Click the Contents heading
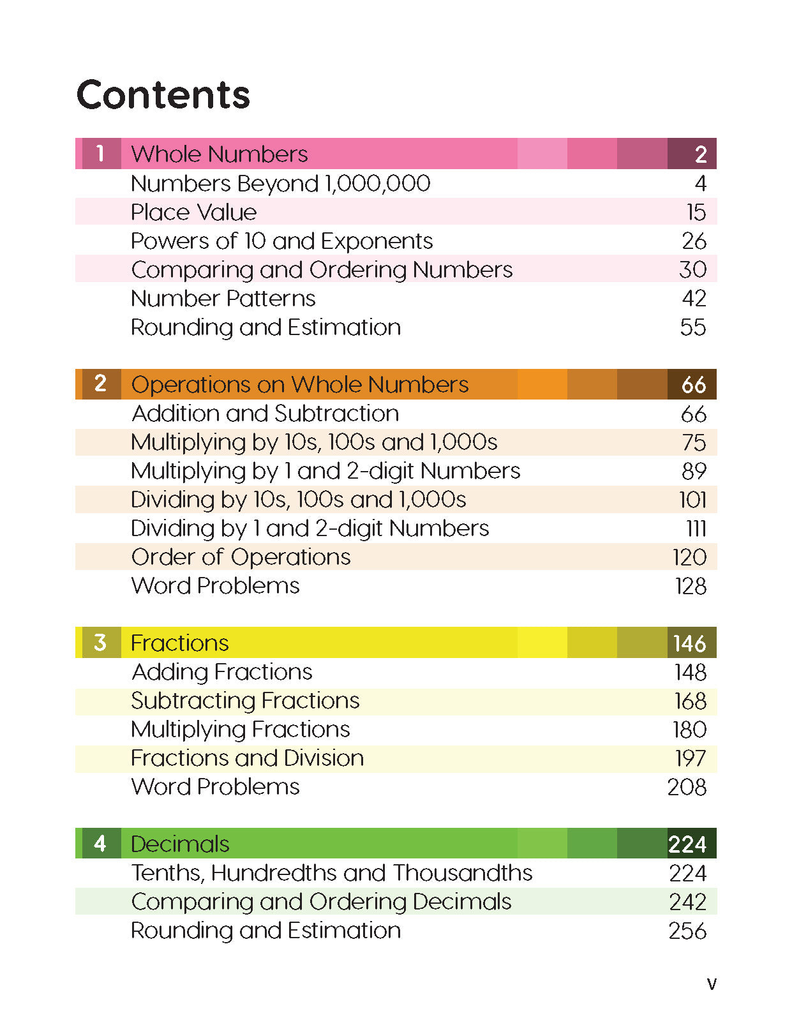163,94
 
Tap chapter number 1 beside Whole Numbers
100,154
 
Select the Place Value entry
193,212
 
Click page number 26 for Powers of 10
694,241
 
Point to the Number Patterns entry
223,298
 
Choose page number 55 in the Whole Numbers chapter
693,327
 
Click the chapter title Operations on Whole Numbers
299,384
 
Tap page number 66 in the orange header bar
693,384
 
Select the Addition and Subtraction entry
265,414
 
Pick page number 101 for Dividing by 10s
692,500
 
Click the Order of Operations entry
241,557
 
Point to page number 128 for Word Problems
691,586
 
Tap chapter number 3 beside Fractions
100,643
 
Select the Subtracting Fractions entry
245,701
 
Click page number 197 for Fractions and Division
691,758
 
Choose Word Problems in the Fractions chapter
215,787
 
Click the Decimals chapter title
179,844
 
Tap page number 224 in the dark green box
687,844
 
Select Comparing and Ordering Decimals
321,902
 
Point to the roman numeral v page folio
712,984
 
